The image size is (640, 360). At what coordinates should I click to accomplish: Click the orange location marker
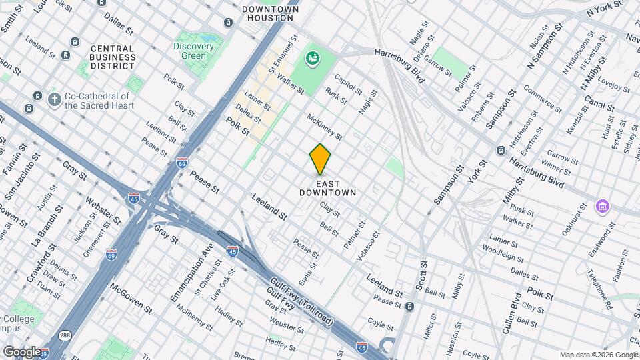[320, 159]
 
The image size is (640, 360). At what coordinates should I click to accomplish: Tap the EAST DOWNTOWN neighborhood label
[327, 188]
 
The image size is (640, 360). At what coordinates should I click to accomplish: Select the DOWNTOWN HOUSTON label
[270, 14]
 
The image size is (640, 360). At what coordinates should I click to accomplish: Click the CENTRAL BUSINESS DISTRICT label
[112, 57]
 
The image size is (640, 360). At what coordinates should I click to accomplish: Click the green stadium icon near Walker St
[311, 59]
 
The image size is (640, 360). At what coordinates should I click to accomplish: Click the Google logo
[22, 351]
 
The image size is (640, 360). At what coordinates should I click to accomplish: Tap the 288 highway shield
[64, 335]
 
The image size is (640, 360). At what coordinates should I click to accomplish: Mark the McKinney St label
[324, 127]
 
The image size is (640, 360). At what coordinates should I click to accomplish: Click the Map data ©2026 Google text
[598, 355]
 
